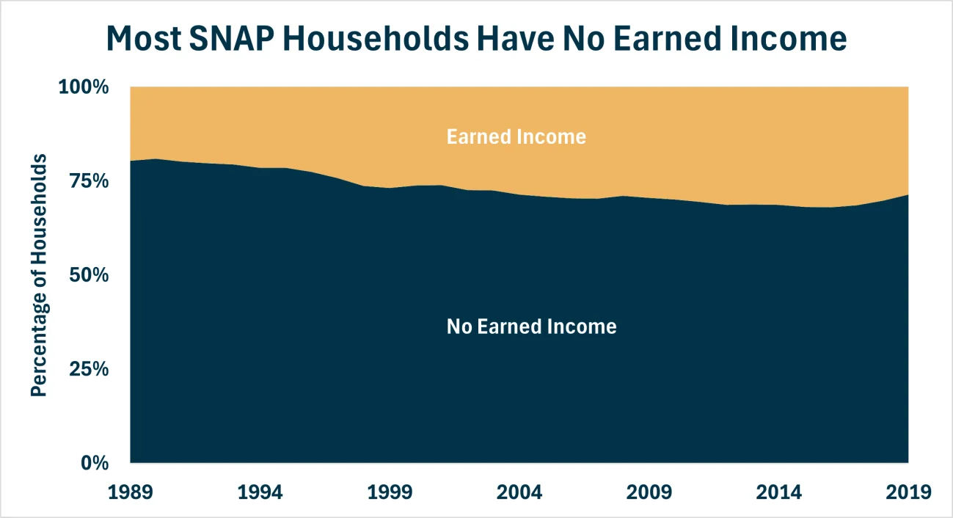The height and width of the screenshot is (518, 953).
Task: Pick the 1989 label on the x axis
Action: click(x=130, y=491)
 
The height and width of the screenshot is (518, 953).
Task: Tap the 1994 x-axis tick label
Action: click(x=260, y=491)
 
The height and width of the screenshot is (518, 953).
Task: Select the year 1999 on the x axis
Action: click(x=390, y=491)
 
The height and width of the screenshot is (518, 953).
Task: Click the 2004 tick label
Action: click(x=519, y=491)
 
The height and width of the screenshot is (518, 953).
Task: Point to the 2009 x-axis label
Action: click(x=649, y=491)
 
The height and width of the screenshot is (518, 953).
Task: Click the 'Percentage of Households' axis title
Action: click(x=40, y=275)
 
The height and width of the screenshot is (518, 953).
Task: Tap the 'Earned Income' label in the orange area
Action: click(x=516, y=136)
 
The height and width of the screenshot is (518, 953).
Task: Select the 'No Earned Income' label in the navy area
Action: click(x=531, y=327)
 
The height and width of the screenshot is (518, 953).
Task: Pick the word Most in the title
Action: click(x=146, y=38)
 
